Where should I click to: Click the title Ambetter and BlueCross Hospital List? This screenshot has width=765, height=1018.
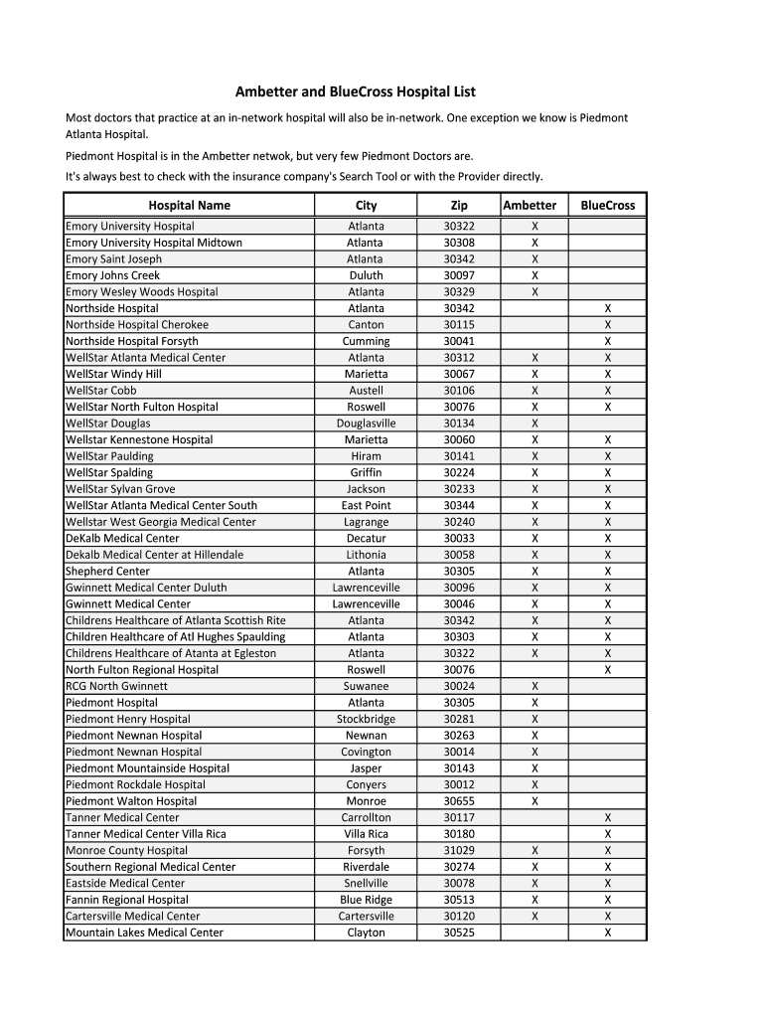click(x=355, y=91)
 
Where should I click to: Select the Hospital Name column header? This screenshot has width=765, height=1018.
click(x=189, y=205)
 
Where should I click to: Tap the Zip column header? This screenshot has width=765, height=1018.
click(x=458, y=205)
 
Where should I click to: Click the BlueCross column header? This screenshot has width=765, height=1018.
click(x=607, y=205)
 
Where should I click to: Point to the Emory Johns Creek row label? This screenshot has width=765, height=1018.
click(x=112, y=275)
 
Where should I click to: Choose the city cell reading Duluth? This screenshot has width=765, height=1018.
click(x=366, y=275)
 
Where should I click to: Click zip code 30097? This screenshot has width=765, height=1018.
click(x=458, y=275)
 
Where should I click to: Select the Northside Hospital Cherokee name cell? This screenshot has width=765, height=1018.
click(x=137, y=325)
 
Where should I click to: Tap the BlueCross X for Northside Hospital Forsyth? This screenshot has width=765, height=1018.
click(x=608, y=341)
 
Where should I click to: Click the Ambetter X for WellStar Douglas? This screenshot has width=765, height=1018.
click(x=535, y=424)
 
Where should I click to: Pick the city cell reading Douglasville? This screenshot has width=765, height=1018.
click(x=366, y=424)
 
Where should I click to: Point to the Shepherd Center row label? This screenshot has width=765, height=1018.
click(x=107, y=571)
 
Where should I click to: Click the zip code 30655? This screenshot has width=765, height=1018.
click(x=458, y=801)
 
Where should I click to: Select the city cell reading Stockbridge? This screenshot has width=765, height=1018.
click(x=366, y=719)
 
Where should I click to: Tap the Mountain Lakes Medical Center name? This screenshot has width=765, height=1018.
click(x=144, y=933)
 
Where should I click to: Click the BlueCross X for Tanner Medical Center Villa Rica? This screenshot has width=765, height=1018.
click(x=608, y=834)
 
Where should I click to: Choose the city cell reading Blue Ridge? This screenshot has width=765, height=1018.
click(x=366, y=900)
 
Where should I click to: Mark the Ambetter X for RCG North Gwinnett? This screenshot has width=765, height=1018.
click(x=535, y=686)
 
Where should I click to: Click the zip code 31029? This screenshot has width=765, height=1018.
click(x=458, y=850)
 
